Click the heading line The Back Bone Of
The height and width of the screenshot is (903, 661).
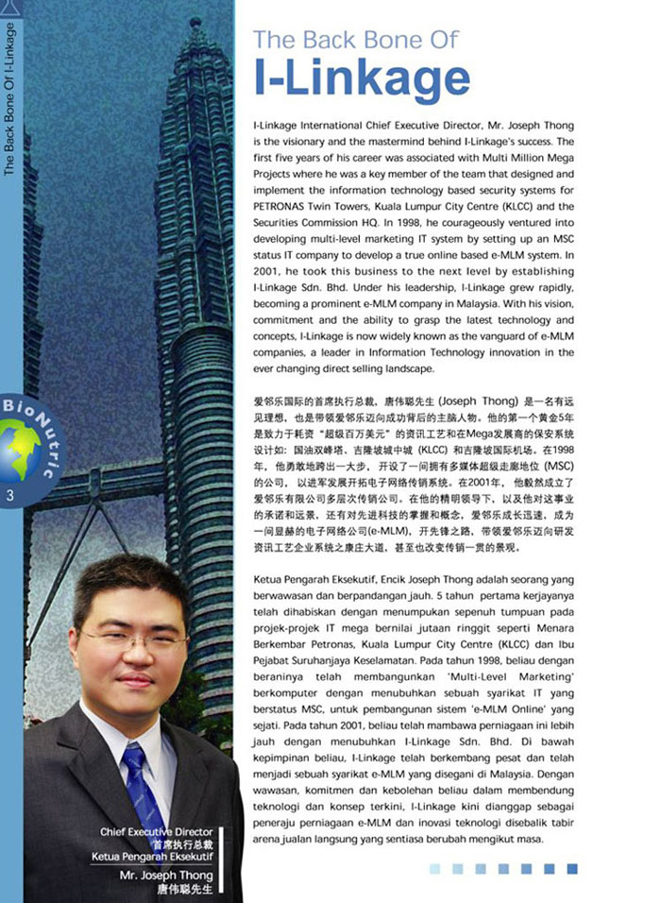pos(355,39)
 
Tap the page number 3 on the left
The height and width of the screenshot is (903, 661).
pos(8,496)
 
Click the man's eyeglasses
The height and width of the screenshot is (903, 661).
pos(130,640)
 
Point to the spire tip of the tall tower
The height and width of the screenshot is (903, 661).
pos(195,21)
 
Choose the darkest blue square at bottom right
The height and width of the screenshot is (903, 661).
pos(572,868)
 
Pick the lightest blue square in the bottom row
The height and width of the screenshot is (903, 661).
pos(435,868)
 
